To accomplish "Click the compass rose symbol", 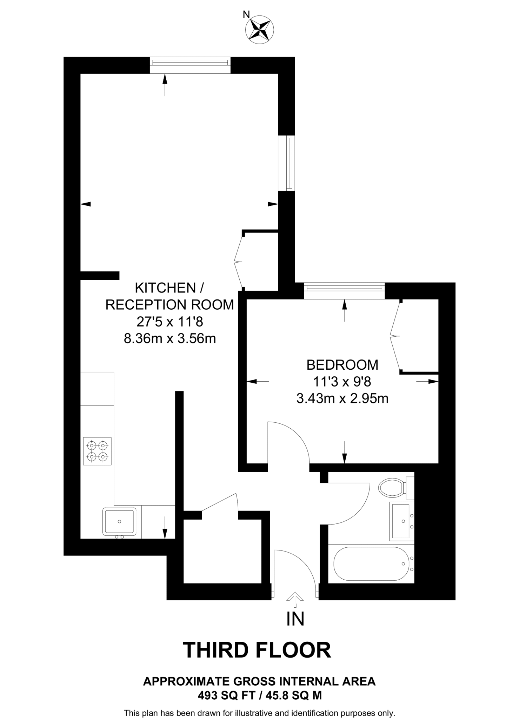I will click(260, 30).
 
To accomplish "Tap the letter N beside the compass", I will click(246, 15).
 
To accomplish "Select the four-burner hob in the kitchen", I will click(97, 451).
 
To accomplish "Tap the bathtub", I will click(371, 564).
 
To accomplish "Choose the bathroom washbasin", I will click(401, 521).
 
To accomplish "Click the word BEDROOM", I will click(342, 365).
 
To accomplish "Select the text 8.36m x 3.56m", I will click(170, 339).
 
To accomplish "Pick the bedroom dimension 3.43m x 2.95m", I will click(342, 398).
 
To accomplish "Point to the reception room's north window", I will click(190, 65).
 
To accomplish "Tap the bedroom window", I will click(344, 291).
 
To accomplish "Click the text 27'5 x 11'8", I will click(170, 322).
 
